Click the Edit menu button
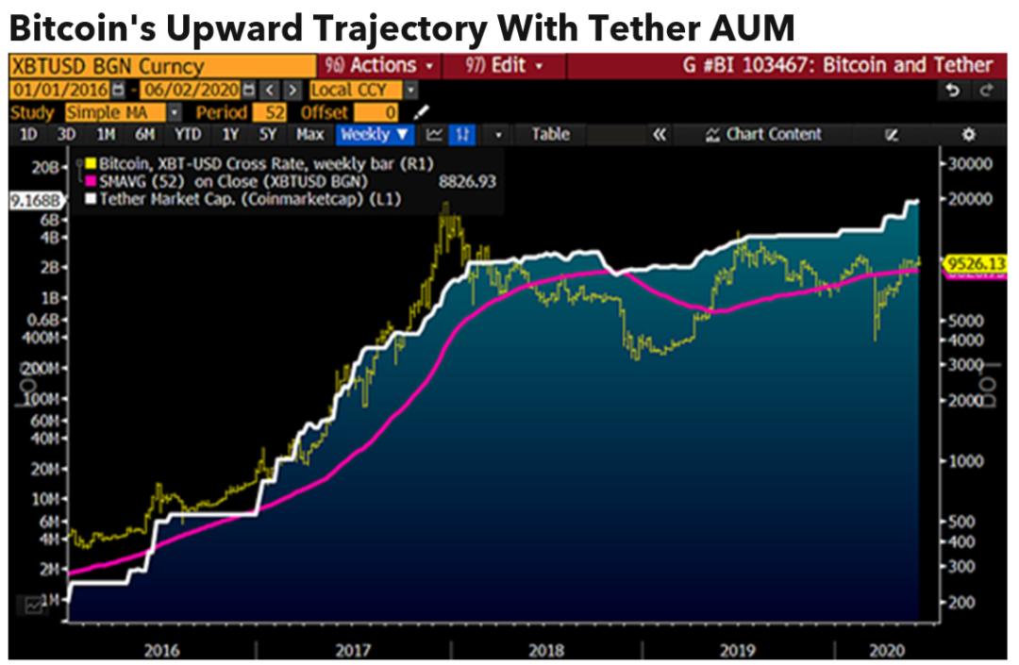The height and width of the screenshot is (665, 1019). coord(506,66)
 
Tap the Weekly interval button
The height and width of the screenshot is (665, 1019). coord(376,135)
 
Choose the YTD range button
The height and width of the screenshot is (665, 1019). coord(187,135)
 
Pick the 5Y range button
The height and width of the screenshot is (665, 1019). coord(269,135)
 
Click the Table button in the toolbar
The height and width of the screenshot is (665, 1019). coord(550,135)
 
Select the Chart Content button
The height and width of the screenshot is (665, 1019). coord(764,135)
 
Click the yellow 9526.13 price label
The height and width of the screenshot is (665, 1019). coord(977,265)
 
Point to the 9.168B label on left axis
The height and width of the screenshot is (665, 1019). coord(34,200)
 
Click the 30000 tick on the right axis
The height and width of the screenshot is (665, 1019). coord(972,163)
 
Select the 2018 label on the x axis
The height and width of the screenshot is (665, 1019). coord(546,650)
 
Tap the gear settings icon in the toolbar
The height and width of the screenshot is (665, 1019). coord(968,135)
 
